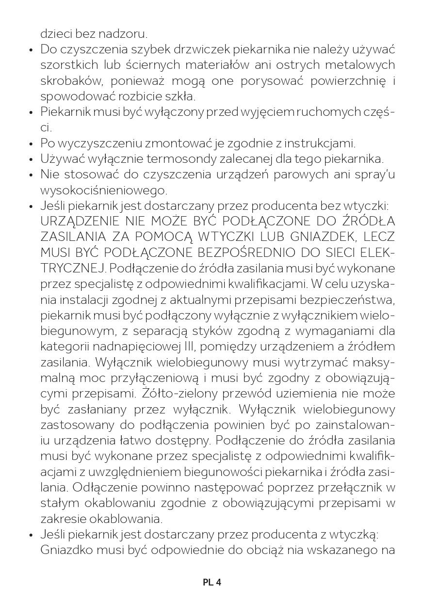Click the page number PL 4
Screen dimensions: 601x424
click(x=212, y=583)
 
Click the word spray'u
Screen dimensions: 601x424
click(x=375, y=174)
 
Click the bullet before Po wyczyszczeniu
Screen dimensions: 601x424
click(x=31, y=144)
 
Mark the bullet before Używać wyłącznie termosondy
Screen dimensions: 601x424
click(x=31, y=159)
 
